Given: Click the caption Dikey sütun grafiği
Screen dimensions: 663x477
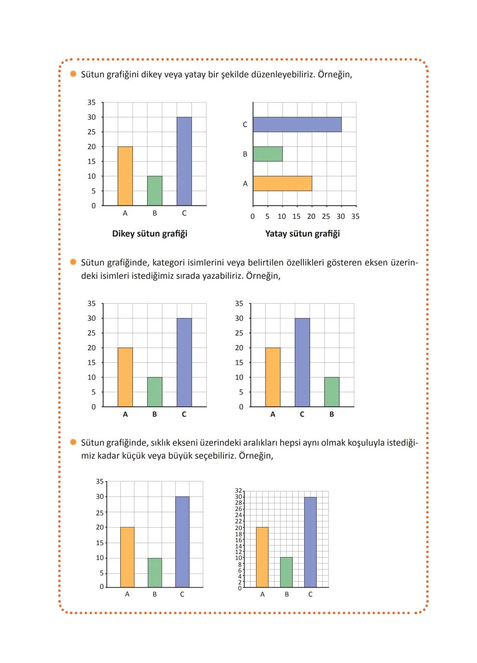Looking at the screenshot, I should click(150, 234).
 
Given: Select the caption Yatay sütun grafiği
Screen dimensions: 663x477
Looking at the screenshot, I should click(303, 234).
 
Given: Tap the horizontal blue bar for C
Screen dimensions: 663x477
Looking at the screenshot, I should click(297, 125).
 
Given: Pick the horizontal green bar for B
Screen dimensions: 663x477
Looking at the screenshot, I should click(268, 154).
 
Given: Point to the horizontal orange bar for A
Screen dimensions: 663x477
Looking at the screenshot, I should click(282, 183).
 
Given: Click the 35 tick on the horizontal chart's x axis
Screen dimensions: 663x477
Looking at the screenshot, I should click(356, 216).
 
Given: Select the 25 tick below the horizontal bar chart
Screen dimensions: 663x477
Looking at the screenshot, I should click(326, 216).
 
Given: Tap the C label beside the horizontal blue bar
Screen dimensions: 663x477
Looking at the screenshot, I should click(245, 125).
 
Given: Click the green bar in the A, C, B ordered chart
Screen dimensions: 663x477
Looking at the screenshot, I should click(332, 392).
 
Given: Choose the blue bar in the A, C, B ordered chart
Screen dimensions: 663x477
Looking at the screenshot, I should click(302, 362).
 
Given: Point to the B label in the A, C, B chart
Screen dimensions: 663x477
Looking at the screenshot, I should click(332, 414).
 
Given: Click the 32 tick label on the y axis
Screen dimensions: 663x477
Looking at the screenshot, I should click(239, 491).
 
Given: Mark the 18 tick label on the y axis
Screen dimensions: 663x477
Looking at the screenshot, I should click(239, 534).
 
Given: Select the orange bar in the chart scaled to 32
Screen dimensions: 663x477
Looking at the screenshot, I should click(262, 557).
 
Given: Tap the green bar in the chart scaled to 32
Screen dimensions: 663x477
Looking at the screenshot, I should click(286, 572).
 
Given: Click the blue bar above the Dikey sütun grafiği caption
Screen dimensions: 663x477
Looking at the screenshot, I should click(184, 161).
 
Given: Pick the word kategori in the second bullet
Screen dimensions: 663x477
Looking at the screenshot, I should click(168, 263).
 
